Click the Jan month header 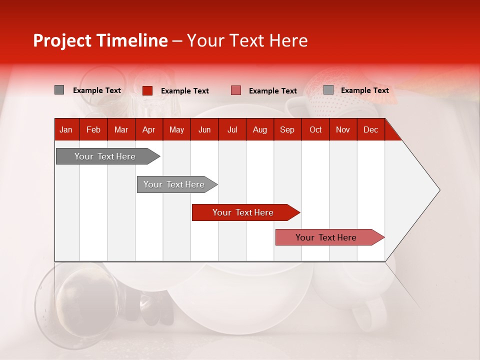66,130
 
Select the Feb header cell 93,130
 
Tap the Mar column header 121,130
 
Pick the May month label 176,130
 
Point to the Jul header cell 232,130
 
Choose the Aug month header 260,130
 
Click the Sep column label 287,130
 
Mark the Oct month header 315,130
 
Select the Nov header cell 343,130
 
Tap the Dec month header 371,130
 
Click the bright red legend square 147,90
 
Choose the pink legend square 236,90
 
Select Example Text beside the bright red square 185,91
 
